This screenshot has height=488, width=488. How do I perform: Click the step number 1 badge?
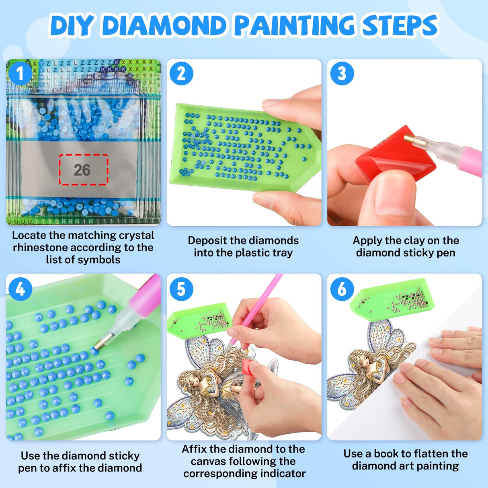tap(20, 74)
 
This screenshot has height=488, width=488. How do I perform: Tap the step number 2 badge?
tap(181, 74)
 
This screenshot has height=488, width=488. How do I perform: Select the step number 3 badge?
tap(342, 74)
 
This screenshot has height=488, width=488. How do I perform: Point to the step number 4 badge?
tap(20, 289)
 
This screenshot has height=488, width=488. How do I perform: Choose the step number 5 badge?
tap(181, 289)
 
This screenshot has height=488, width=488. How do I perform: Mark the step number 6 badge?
tap(342, 289)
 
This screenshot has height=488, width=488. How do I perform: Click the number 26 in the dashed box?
tap(82, 170)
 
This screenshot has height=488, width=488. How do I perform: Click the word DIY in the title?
tap(72, 26)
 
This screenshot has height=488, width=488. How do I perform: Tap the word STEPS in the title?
tap(400, 26)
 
